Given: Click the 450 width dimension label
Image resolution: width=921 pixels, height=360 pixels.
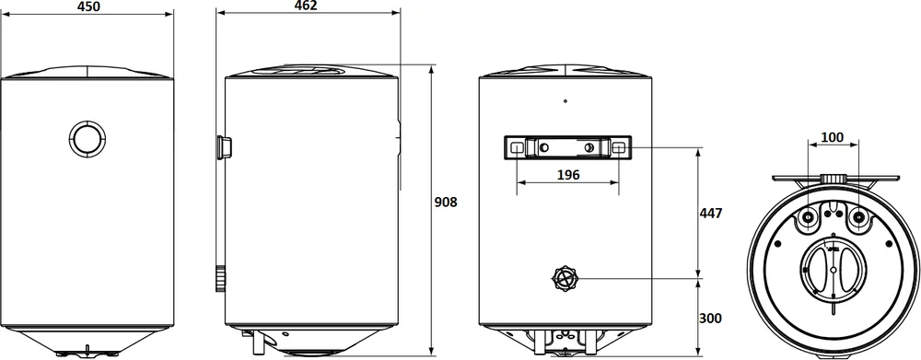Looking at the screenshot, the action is click(88, 6).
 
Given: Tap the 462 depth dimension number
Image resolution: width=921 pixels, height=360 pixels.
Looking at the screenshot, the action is click(306, 6).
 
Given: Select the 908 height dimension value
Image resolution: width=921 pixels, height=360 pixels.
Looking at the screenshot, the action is click(446, 202).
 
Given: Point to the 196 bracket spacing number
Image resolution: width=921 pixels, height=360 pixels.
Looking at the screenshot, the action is click(568, 174).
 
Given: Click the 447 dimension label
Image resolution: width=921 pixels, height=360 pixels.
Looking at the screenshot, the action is click(711, 213).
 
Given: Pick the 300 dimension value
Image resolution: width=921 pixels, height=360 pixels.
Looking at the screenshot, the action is click(711, 319).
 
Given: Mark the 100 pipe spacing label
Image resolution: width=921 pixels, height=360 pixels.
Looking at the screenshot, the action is click(833, 137).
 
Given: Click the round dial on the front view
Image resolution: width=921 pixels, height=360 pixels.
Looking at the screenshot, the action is click(87, 139).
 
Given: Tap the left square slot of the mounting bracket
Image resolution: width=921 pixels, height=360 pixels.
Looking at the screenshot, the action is click(517, 147).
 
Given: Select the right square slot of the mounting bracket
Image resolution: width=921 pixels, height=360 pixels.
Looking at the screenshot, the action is click(619, 147).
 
